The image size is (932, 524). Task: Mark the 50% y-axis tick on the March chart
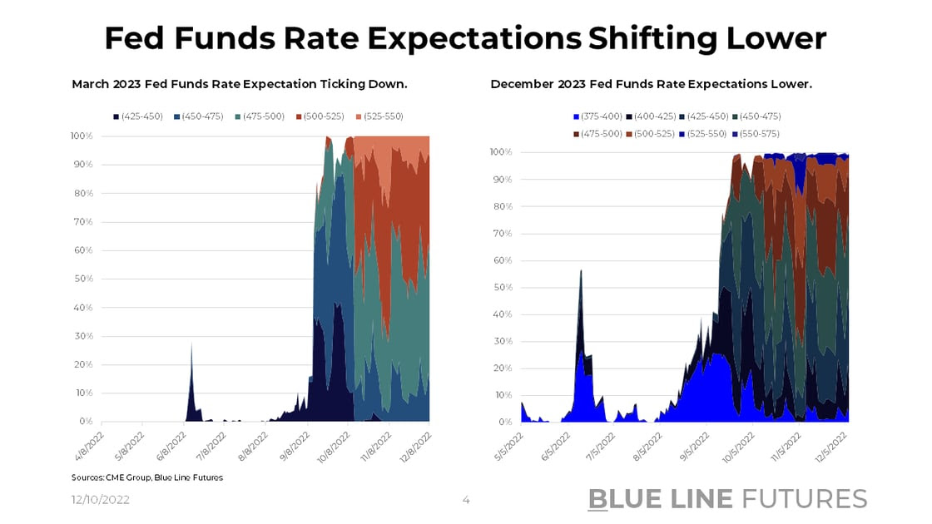(82, 279)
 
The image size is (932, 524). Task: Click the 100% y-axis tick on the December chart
(501, 152)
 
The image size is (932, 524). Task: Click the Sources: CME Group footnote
(147, 477)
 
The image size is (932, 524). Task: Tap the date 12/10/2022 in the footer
(99, 500)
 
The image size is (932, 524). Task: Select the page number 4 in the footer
(466, 500)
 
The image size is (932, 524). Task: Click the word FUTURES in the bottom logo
(804, 498)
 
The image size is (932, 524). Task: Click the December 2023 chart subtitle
(651, 84)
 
